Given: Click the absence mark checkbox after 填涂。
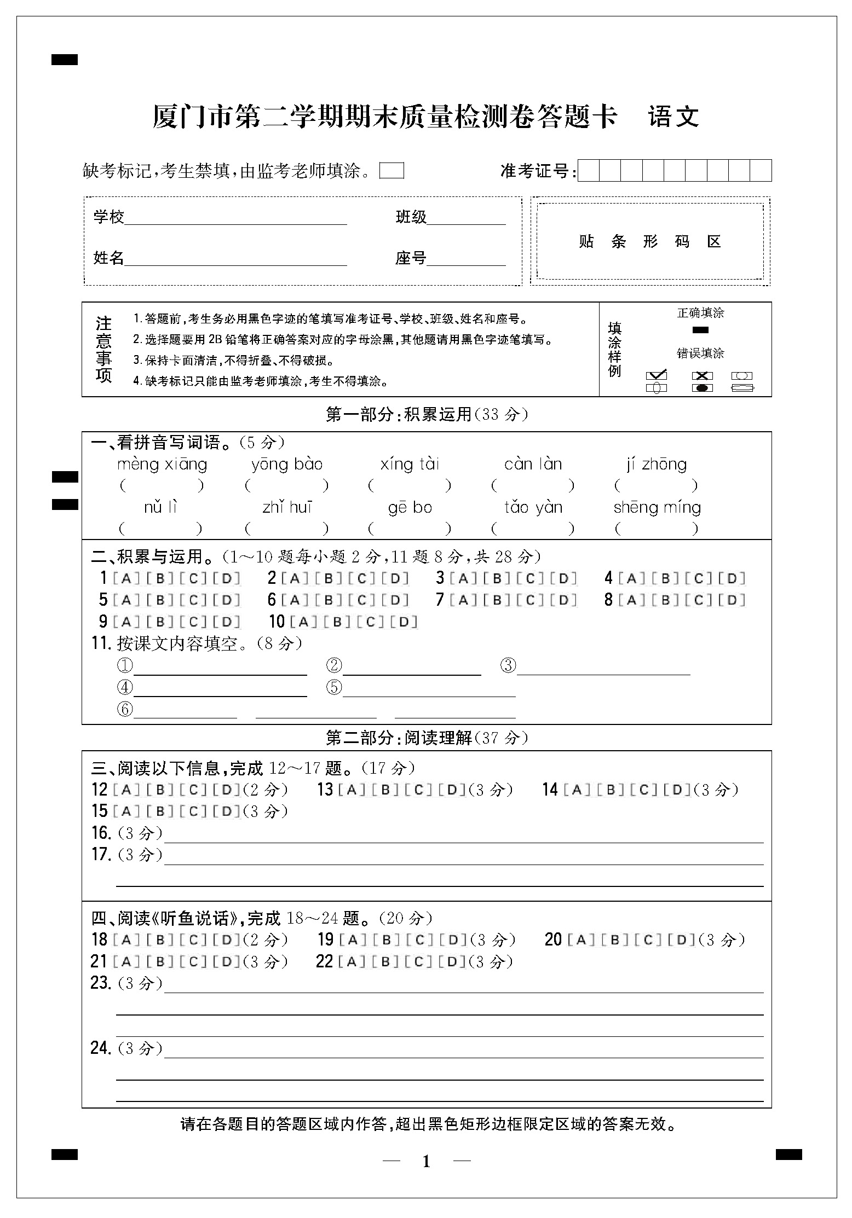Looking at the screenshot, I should (392, 171).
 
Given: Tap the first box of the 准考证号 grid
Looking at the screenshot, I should (589, 171).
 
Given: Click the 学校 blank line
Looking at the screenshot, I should (235, 219).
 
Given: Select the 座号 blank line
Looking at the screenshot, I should (466, 260).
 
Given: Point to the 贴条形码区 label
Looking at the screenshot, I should (649, 241).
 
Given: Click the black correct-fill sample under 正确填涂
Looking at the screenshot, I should (700, 330).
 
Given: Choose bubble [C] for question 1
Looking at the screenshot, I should (193, 578).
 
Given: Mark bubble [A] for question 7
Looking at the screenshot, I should (463, 600).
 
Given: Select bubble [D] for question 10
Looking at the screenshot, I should (404, 622).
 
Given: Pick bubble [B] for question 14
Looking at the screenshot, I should (610, 790).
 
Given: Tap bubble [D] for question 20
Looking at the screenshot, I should (682, 940).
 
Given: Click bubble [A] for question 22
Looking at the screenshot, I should (352, 961).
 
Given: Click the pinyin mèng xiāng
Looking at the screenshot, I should (162, 465).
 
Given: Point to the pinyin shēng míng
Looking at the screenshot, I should (657, 508).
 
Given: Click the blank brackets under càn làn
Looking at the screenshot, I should (533, 485).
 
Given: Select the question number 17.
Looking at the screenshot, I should (101, 854).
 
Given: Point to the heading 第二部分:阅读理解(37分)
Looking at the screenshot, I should (427, 738).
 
